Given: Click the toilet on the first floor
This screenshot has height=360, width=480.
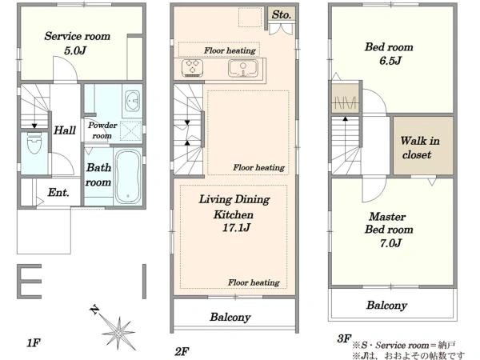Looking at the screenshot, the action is [34, 143].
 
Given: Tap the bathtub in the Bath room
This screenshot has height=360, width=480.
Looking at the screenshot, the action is [129, 176].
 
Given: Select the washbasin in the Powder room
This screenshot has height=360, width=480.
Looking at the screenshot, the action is [133, 101].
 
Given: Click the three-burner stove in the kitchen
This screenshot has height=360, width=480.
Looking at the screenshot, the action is [192, 67].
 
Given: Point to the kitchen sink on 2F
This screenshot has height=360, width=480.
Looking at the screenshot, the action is [242, 69].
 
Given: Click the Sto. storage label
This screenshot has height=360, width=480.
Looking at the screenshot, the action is [282, 14].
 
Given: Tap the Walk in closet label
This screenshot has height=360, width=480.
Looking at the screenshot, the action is [420, 147].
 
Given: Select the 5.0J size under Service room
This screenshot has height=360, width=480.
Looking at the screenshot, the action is [75, 50].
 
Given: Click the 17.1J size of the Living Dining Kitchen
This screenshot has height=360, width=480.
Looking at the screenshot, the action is [236, 227].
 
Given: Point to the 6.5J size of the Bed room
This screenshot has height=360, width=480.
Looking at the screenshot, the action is [390, 61].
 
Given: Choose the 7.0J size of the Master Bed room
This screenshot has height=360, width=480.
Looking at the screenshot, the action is [390, 243].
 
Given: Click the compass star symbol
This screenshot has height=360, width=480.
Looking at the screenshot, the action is [118, 333].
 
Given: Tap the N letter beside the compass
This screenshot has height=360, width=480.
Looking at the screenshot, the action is [95, 310].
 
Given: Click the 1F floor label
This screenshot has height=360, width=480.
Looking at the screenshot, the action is [34, 342].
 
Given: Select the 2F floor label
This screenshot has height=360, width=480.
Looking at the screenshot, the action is [182, 351].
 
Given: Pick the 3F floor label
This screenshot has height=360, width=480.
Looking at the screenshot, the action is [344, 338].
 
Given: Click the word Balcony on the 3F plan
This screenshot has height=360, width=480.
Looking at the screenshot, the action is [386, 306].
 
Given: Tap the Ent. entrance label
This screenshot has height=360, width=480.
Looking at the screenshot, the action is [58, 192].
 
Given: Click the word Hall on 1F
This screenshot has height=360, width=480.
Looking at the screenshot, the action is [65, 130].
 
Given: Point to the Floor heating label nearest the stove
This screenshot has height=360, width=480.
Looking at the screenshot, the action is [230, 50].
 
